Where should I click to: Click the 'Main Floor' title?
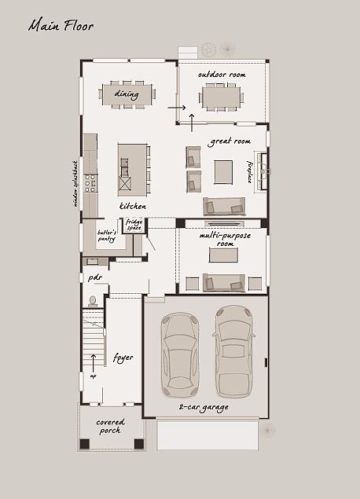(61, 26)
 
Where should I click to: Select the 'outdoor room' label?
(222, 75)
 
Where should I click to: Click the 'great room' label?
(230, 141)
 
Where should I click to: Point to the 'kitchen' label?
(133, 206)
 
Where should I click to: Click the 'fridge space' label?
(134, 225)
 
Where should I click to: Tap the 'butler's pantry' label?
(107, 236)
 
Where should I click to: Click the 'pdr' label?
(95, 277)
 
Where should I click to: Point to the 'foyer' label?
(123, 358)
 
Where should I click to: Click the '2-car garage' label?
(203, 407)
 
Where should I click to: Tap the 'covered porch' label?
(111, 427)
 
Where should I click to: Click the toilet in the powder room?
(93, 301)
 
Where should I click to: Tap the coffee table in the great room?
(223, 171)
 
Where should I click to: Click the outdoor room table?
(222, 96)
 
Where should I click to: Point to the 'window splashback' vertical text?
(76, 183)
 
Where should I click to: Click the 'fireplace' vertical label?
(250, 171)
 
